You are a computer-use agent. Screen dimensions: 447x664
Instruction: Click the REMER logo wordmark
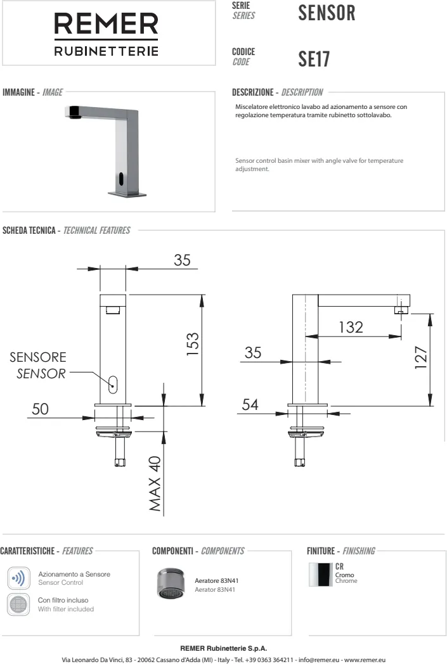coord(107,23)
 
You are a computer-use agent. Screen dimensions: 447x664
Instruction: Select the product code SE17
coord(314,59)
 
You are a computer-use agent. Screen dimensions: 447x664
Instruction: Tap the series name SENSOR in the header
coord(327,13)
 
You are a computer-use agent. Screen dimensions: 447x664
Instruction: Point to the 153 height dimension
coord(192,344)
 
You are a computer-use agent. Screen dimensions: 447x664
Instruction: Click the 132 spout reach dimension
coord(351,328)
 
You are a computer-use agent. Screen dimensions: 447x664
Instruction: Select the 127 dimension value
coord(421,357)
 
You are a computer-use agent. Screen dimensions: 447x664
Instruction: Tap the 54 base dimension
coord(250,405)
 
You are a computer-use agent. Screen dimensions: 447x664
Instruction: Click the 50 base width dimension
coord(40,409)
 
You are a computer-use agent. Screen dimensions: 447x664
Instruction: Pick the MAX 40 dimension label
coord(155,483)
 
